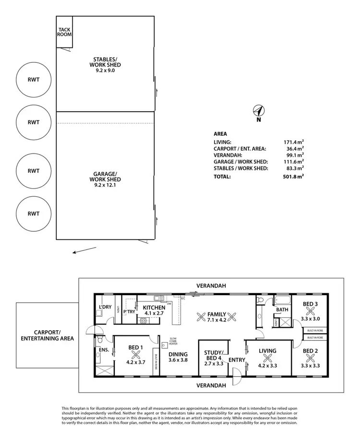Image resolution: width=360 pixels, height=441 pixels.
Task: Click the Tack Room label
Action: (64, 32)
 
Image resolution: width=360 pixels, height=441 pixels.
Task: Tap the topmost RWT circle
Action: (33, 80)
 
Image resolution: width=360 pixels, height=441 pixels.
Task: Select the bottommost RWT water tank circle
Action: (33, 213)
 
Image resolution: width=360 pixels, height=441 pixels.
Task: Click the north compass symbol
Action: (258, 111)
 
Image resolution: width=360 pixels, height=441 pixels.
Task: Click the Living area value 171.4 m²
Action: (294, 142)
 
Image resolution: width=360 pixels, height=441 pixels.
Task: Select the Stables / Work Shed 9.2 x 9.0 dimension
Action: (107, 71)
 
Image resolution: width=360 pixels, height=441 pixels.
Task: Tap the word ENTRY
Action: (237, 359)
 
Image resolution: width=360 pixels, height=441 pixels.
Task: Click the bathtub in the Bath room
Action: (282, 301)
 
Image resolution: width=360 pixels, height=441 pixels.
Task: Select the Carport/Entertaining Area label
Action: (47, 335)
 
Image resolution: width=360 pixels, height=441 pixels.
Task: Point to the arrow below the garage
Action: (84, 250)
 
